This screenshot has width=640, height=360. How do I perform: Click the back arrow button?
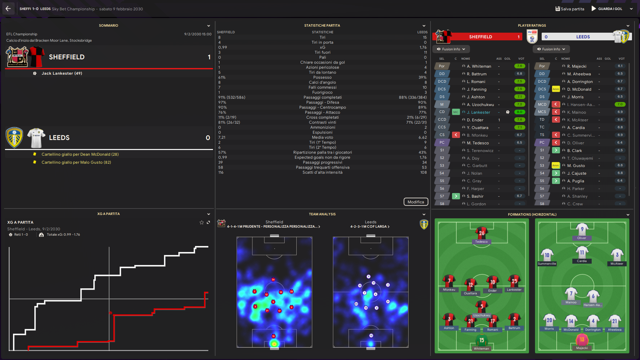click(x=8, y=9)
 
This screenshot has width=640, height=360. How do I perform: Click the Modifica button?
click(x=416, y=202)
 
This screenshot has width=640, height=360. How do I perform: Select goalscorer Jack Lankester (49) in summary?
click(x=62, y=73)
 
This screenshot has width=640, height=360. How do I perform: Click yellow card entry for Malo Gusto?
click(x=76, y=162)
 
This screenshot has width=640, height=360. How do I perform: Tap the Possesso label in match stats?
click(x=322, y=77)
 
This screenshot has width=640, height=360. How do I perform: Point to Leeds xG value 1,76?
click(x=423, y=47)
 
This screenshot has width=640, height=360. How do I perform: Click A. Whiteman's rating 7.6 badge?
click(x=519, y=66)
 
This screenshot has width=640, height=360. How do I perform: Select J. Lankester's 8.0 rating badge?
click(x=519, y=112)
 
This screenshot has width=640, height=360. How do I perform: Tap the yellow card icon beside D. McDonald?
click(x=556, y=89)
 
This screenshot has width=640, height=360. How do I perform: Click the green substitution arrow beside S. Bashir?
click(x=456, y=196)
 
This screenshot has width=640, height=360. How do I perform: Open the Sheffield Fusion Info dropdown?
click(x=451, y=49)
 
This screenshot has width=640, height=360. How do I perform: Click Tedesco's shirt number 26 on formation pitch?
click(x=481, y=233)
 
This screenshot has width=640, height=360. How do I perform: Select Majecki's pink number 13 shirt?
click(x=582, y=340)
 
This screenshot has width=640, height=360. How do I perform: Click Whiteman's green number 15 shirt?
click(x=481, y=340)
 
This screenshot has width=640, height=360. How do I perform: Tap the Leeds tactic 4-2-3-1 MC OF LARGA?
click(x=370, y=227)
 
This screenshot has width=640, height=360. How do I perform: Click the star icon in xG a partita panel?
click(x=201, y=222)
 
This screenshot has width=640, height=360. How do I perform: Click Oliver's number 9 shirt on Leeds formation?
click(x=582, y=229)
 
